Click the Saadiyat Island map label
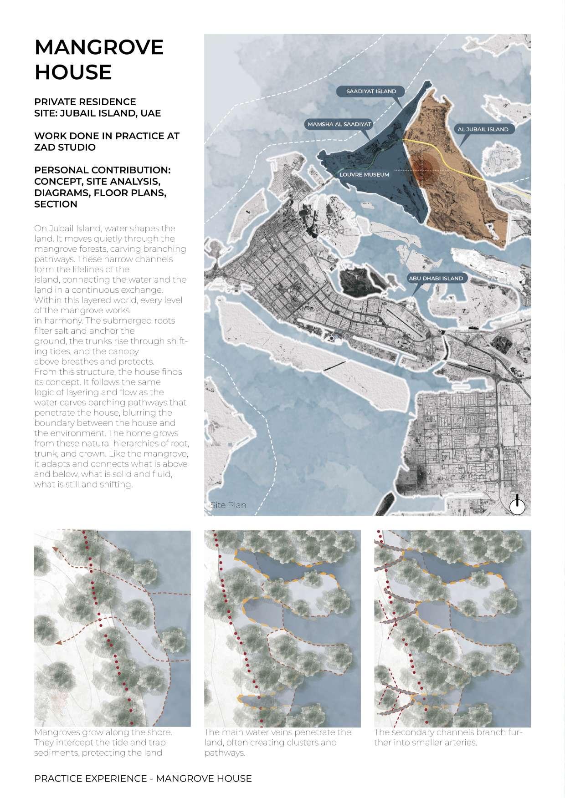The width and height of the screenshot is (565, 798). point(371,91)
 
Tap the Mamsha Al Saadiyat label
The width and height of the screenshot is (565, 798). point(339,124)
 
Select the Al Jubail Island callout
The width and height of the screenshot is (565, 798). point(483,129)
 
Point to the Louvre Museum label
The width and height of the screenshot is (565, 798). point(364,174)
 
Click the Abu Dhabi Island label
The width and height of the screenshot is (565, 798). point(436,278)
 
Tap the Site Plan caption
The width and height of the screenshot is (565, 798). point(228,505)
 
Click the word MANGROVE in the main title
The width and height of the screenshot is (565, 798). point(99,47)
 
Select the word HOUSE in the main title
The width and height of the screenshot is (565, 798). point(73,72)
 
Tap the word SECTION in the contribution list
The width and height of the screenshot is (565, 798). point(56,204)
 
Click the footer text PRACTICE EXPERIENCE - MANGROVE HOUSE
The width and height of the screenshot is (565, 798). point(143,778)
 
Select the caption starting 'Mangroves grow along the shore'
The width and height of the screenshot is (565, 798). point(103,742)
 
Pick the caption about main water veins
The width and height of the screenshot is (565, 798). point(277,742)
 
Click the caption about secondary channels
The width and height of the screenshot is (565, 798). point(448,737)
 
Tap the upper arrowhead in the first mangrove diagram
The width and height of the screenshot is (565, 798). point(55,549)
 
